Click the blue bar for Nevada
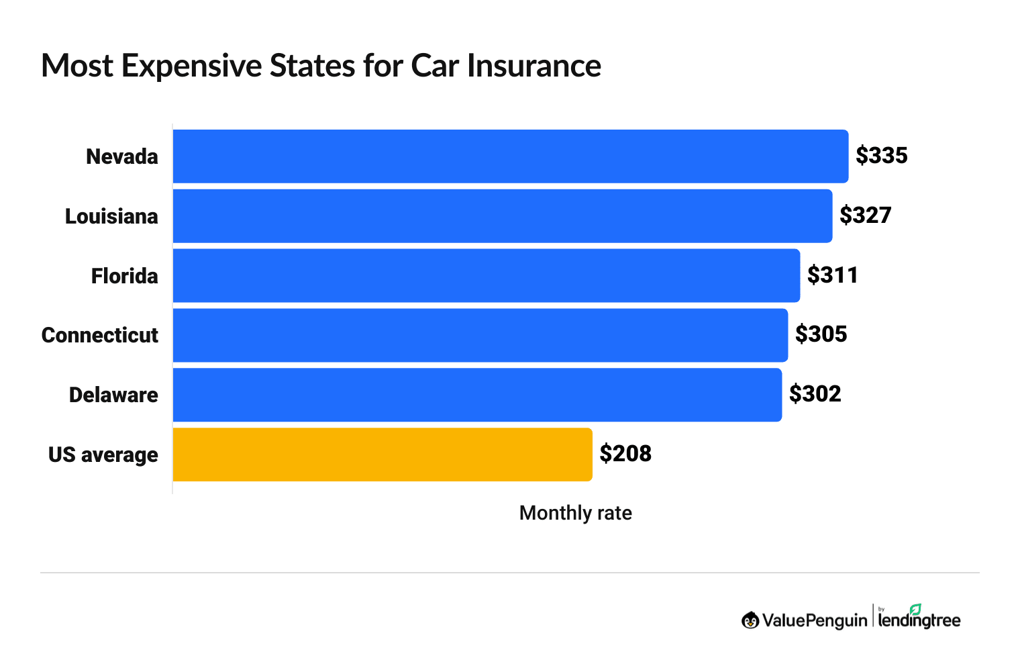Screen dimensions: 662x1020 pos(510,156)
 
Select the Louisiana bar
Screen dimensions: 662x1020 pos(502,216)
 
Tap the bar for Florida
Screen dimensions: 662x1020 pos(486,275)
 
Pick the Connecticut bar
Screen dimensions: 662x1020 pos(480,335)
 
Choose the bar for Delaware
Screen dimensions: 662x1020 pos(476,395)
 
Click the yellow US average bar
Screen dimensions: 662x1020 pos(382,455)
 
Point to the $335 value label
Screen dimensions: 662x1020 pos(881,156)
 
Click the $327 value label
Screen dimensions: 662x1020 pos(865,216)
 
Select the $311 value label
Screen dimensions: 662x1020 pos(833,275)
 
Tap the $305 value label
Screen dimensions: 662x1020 pos(821,334)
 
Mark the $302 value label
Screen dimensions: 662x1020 pos(815,394)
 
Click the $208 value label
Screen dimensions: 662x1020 pos(625,454)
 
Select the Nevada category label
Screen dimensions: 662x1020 pos(122,157)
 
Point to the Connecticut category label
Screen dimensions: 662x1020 pos(100,336)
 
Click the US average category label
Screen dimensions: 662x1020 pos(103,455)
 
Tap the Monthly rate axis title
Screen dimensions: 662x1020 pos(575,513)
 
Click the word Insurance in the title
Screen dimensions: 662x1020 pos(533,66)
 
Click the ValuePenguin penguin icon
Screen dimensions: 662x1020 pos(750,620)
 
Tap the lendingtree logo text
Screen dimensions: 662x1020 pos(919,619)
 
